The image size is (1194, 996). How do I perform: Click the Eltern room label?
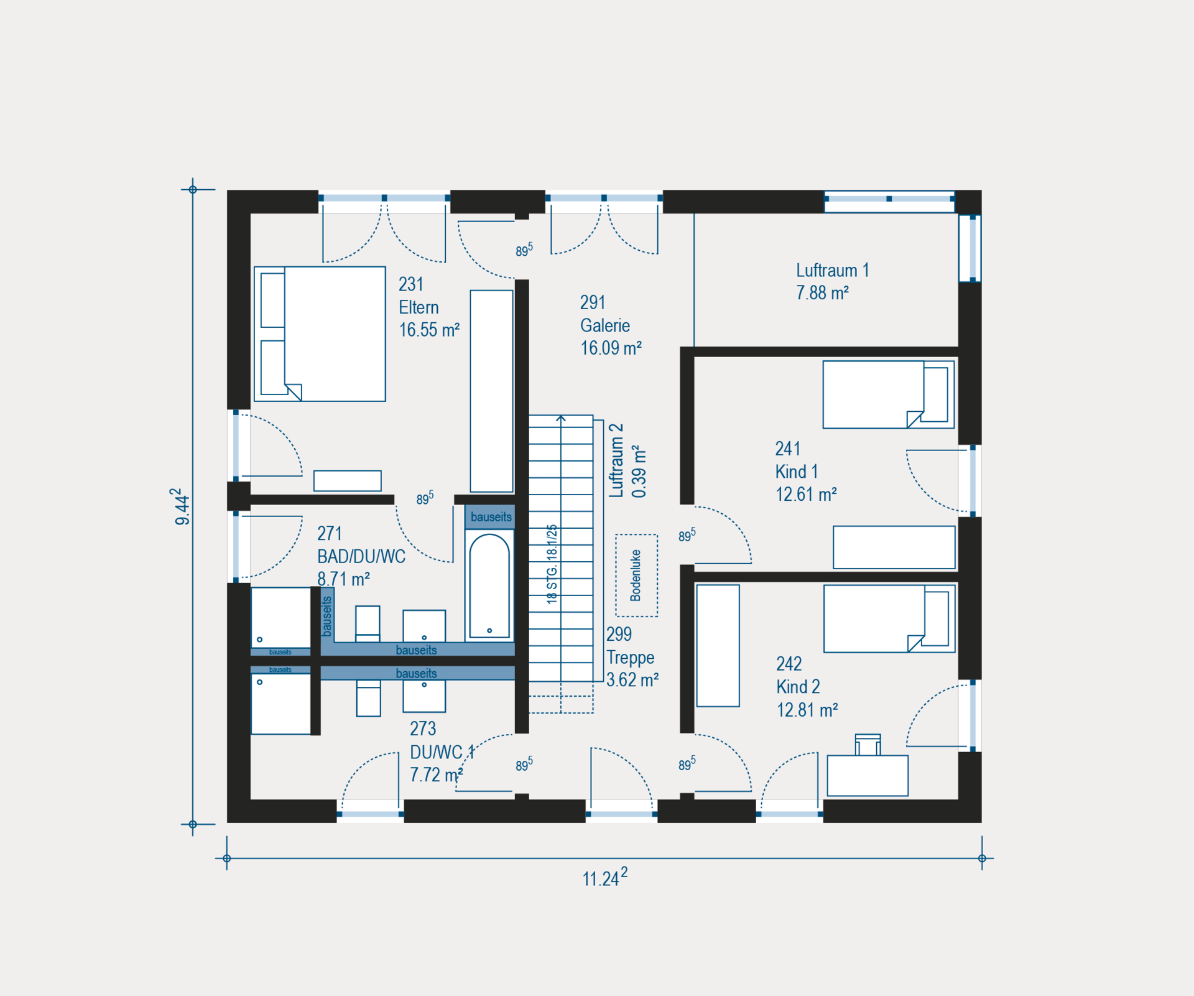coord(419,307)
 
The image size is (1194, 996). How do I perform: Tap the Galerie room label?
coord(604,325)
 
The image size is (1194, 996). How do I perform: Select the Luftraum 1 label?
coord(832,270)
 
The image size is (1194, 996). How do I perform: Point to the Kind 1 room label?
coord(796,472)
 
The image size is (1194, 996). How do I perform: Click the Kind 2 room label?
coord(798,687)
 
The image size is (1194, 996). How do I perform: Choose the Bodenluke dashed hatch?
coord(636,575)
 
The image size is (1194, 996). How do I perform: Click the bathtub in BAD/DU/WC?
coord(489,585)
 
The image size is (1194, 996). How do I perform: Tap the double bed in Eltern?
coord(320,334)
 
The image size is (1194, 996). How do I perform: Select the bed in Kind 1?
coord(888,394)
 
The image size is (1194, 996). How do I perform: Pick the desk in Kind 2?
coord(868,776)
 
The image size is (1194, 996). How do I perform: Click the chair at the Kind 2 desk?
coord(868,745)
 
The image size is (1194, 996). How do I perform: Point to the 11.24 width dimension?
coord(604,878)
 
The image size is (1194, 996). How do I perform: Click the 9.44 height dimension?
coord(180,506)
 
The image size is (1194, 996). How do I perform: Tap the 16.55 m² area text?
coord(429,330)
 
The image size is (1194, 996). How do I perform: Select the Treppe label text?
coord(630,658)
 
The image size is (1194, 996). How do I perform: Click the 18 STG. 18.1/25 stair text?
coord(552,564)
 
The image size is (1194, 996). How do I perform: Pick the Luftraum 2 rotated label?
coord(616,461)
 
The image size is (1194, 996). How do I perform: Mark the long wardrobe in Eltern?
coord(491,391)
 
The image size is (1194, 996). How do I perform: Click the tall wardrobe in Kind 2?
coord(718,646)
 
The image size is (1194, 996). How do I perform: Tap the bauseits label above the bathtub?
coord(491,517)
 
